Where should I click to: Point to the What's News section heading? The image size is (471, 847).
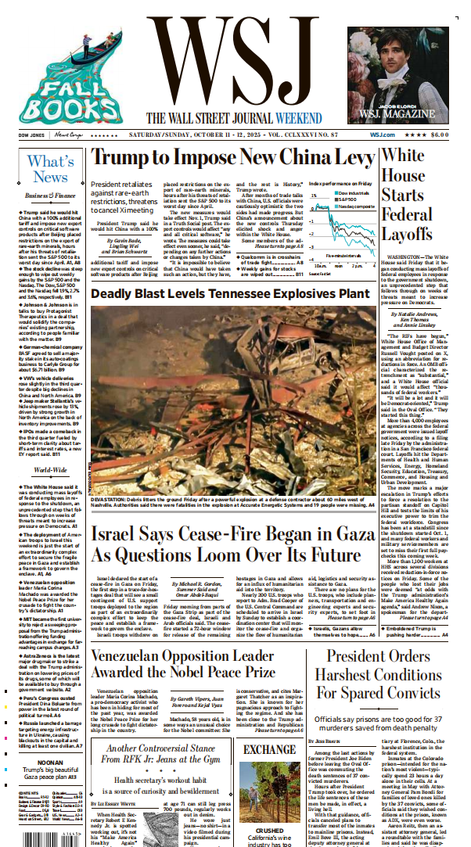coord(51,169)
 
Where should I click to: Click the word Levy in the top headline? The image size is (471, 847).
coord(351,159)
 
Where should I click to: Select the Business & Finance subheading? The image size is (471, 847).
coord(51,195)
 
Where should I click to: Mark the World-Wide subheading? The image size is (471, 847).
coord(51,471)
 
